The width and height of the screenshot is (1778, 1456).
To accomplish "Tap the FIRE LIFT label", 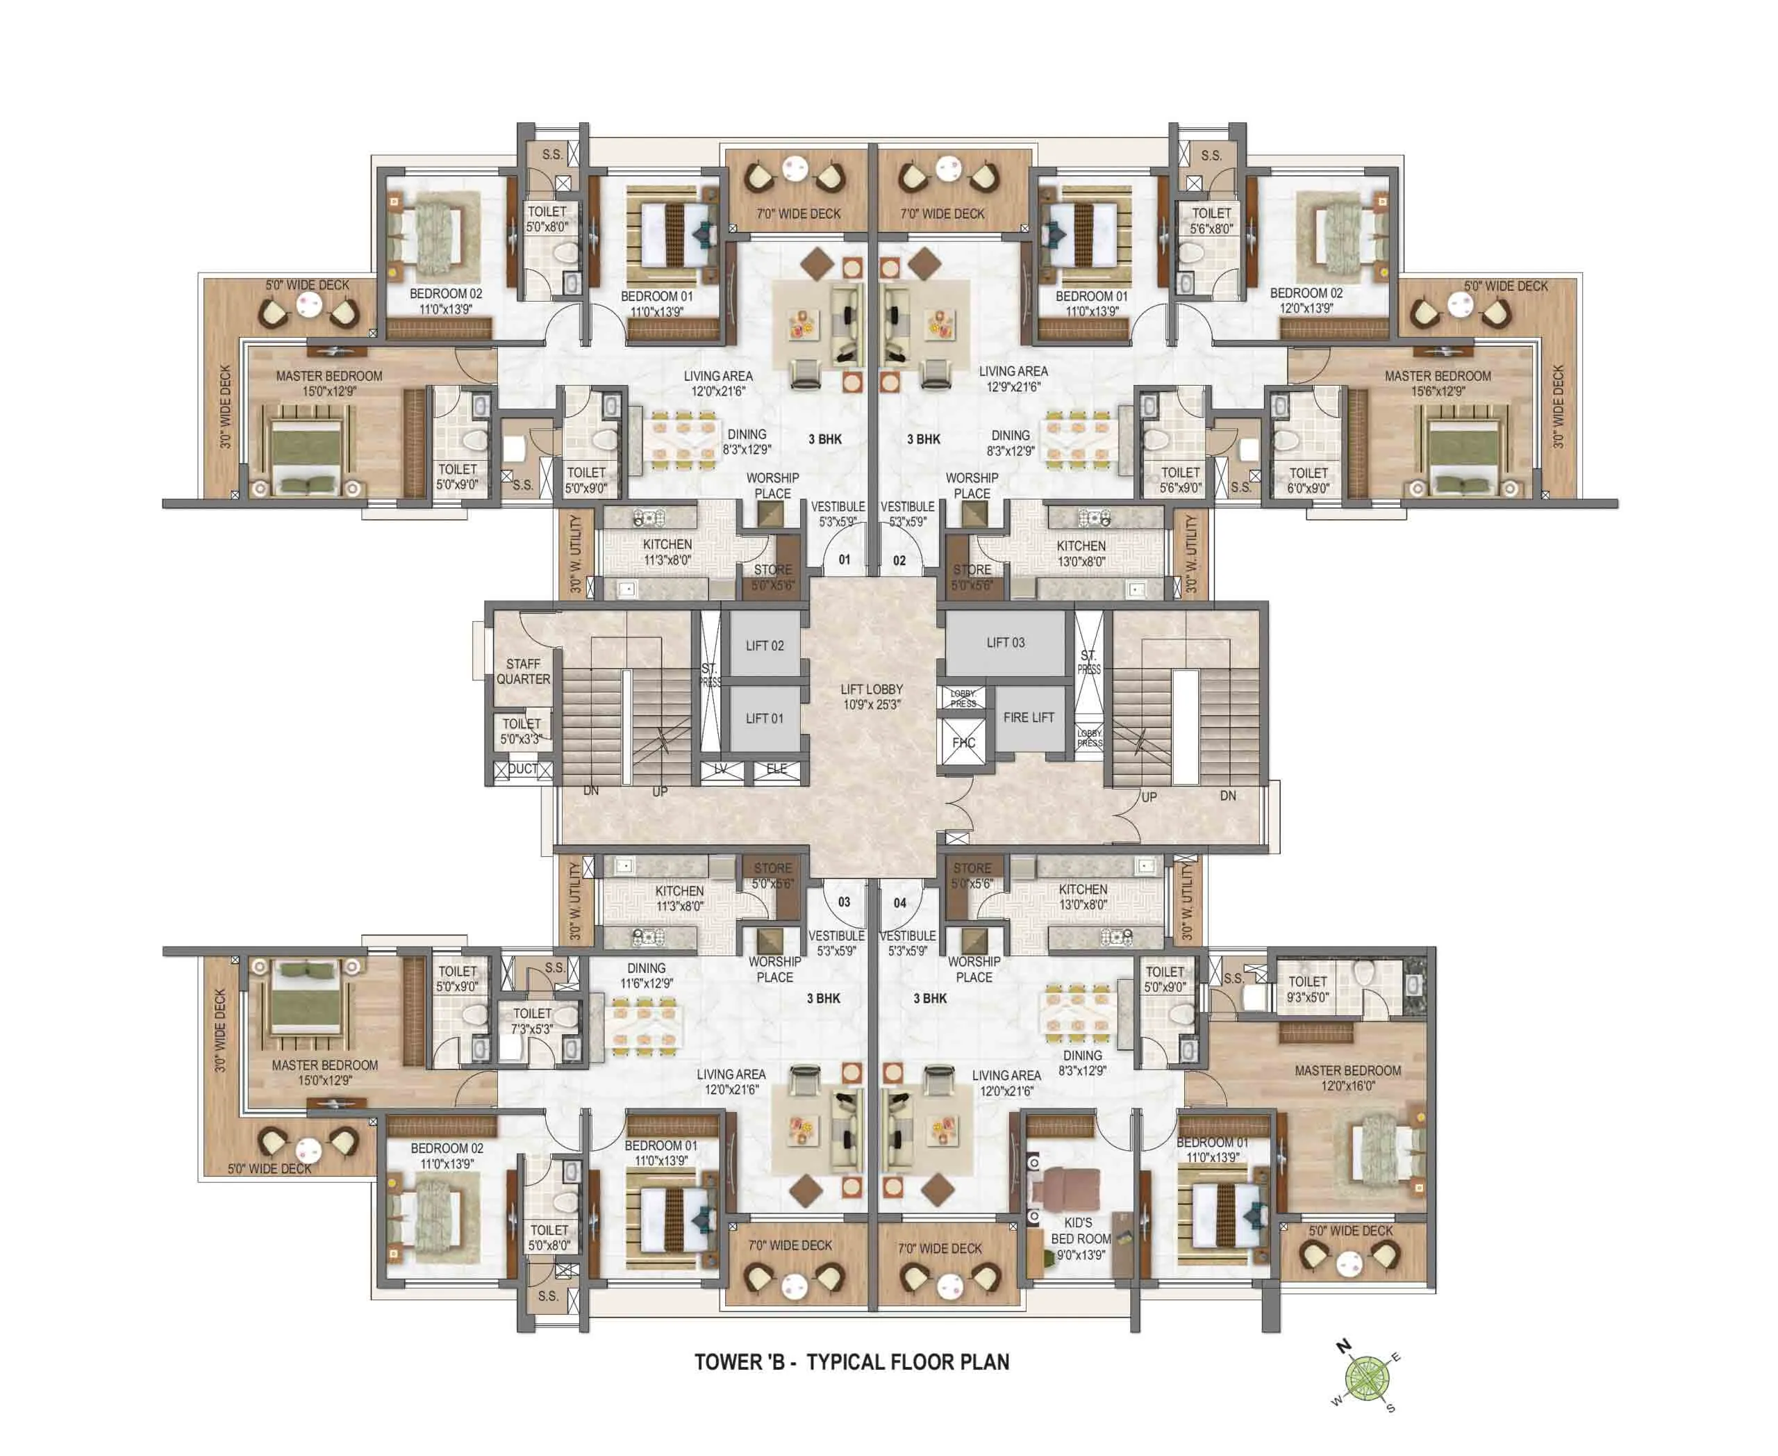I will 1029,717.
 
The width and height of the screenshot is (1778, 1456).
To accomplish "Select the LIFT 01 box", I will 765,718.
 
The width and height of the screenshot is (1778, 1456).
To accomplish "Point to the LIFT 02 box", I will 765,645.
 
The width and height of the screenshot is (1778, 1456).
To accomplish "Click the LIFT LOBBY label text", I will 872,697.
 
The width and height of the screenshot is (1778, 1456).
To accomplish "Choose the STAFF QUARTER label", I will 523,671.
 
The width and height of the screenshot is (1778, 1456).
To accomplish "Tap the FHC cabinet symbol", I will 963,743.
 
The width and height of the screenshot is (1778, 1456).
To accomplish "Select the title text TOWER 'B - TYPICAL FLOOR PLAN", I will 851,1362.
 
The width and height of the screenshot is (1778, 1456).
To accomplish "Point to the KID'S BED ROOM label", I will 1081,1238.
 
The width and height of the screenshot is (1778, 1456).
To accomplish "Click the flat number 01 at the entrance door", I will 844,559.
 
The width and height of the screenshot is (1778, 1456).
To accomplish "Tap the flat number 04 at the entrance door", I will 899,903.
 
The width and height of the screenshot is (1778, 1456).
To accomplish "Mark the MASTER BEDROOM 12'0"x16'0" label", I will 1347,1078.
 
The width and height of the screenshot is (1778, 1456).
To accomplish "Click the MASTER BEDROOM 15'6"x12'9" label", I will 1437,384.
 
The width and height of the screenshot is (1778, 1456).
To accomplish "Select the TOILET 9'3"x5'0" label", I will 1308,989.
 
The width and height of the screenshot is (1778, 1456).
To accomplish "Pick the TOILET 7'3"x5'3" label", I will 532,1021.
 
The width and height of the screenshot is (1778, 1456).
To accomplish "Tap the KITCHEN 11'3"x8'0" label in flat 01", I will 667,552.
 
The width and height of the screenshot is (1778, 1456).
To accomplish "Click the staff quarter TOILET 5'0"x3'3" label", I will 522,730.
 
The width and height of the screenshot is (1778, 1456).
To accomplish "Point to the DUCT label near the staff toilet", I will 523,768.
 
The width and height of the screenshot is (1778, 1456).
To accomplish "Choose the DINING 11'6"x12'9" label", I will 647,976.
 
